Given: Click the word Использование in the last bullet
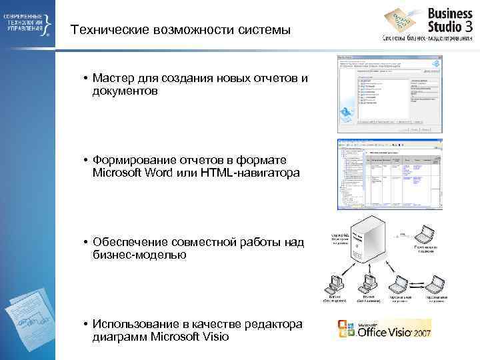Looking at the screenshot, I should pyautogui.click(x=139, y=323).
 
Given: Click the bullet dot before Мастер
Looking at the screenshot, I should pyautogui.click(x=87, y=78).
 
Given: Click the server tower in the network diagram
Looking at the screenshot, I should pyautogui.click(x=369, y=243).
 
